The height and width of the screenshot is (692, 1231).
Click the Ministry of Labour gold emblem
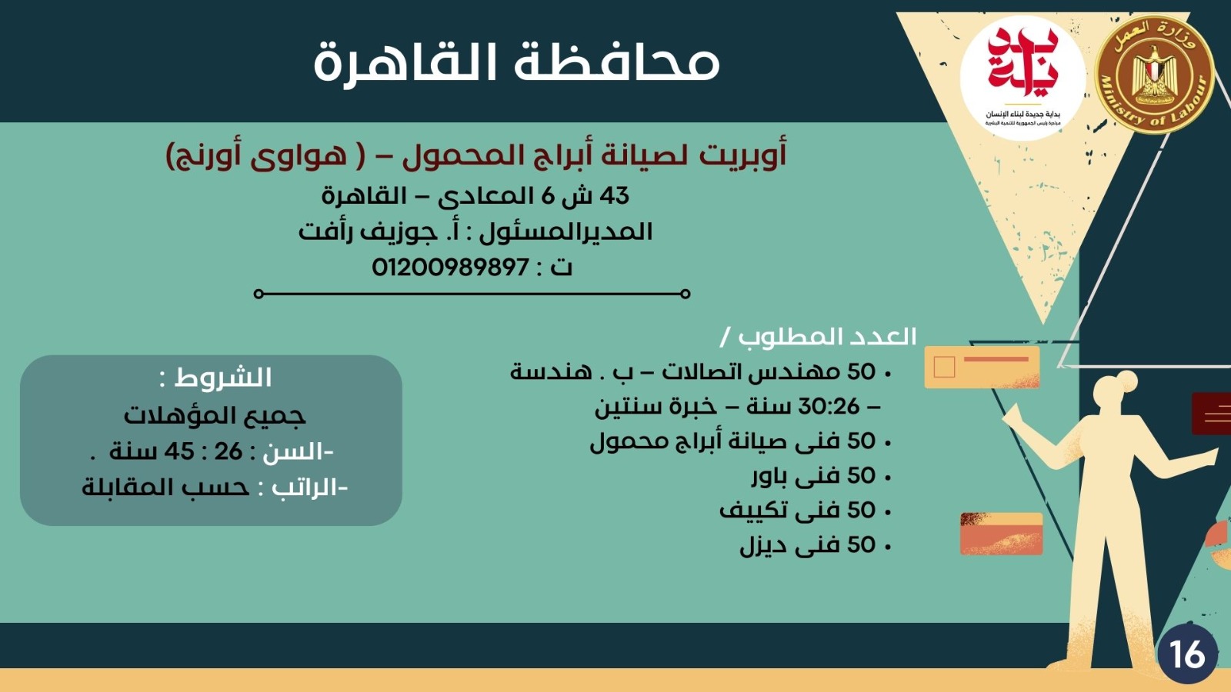click(1153, 75)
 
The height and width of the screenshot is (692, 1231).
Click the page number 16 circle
click(1187, 654)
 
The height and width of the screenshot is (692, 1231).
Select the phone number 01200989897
click(450, 268)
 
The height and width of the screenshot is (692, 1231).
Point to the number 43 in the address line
click(614, 196)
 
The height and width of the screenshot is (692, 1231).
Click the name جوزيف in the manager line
click(399, 231)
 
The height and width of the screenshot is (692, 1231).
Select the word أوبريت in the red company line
click(742, 155)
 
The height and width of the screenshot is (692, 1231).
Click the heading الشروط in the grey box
click(224, 378)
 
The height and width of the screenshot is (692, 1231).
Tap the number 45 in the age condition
click(178, 451)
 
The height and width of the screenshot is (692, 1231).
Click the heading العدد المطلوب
click(827, 337)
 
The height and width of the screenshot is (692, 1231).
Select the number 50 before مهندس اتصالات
click(861, 372)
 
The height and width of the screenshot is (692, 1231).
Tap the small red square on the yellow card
click(943, 367)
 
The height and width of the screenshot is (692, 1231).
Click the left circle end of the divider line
click(259, 294)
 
